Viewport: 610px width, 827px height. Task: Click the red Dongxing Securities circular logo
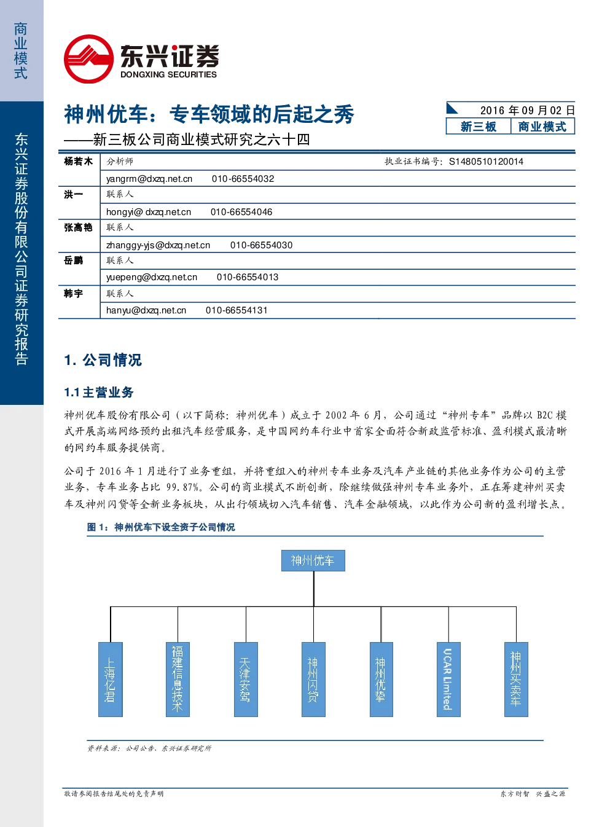pyautogui.click(x=88, y=59)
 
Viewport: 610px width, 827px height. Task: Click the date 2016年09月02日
pyautogui.click(x=527, y=111)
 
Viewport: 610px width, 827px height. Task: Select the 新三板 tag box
pyautogui.click(x=478, y=127)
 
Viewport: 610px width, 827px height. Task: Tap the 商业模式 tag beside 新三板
pyautogui.click(x=542, y=127)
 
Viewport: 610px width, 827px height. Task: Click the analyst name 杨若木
pyautogui.click(x=78, y=161)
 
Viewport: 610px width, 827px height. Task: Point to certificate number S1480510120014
pyautogui.click(x=486, y=162)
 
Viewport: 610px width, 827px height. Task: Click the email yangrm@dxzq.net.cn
pyautogui.click(x=149, y=179)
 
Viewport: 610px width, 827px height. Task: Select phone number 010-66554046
pyautogui.click(x=241, y=212)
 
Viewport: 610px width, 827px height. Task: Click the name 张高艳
pyautogui.click(x=78, y=227)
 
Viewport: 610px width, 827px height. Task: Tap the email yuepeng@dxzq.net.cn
pyautogui.click(x=151, y=277)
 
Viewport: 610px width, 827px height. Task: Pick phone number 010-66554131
pyautogui.click(x=237, y=310)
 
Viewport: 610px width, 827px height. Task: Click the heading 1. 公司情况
pyautogui.click(x=103, y=360)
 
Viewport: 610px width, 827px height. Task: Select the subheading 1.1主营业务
pyautogui.click(x=99, y=392)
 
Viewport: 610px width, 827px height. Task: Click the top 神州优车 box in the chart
pyautogui.click(x=313, y=560)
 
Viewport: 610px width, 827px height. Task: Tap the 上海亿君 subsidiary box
pyautogui.click(x=111, y=679)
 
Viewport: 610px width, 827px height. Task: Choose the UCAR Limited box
pyautogui.click(x=448, y=679)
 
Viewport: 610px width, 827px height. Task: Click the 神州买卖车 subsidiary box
pyautogui.click(x=516, y=679)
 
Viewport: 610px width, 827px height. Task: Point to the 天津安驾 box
pyautogui.click(x=246, y=679)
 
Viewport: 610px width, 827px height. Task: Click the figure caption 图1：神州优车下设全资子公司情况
pyautogui.click(x=161, y=527)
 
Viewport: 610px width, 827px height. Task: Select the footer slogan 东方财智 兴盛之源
pyautogui.click(x=533, y=804)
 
